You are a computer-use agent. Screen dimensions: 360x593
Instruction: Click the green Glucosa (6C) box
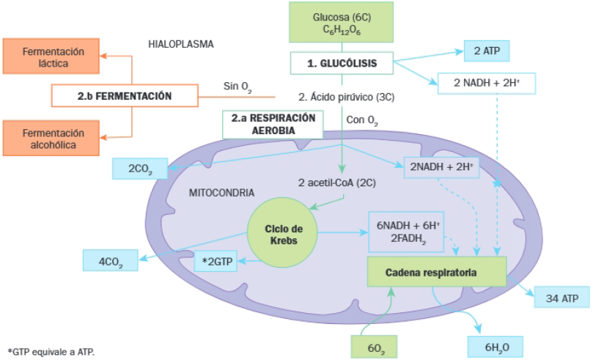(342, 22)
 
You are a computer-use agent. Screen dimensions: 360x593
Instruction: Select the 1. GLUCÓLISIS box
(342, 64)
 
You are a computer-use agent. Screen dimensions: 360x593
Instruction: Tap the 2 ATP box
(486, 51)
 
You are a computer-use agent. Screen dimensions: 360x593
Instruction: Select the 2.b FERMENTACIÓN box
(125, 95)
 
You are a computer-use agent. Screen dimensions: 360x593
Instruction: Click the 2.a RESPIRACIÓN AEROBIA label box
(273, 123)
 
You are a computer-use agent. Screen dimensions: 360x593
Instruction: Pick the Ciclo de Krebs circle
(284, 235)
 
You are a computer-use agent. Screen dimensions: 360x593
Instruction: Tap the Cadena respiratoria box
(436, 272)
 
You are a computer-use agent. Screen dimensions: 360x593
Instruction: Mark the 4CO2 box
(110, 259)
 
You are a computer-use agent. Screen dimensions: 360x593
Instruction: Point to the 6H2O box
(495, 346)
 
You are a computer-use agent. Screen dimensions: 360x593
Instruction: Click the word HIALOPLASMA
(180, 44)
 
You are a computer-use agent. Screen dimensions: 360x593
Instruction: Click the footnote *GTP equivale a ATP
(51, 352)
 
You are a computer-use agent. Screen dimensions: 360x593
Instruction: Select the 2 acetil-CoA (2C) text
(338, 183)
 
